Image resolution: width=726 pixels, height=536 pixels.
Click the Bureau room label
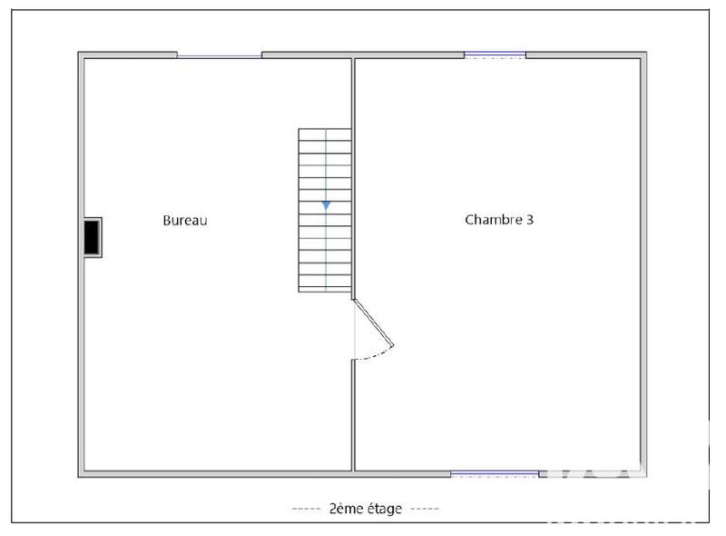(x=185, y=220)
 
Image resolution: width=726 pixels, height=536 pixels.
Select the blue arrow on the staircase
(x=325, y=206)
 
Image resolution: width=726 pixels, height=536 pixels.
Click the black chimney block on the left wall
(x=93, y=237)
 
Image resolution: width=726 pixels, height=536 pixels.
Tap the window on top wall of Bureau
(x=219, y=56)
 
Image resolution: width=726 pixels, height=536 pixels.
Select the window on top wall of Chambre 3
(x=495, y=55)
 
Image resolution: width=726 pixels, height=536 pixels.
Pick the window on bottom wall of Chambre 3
(x=495, y=473)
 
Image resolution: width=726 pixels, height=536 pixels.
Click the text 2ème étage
(x=365, y=509)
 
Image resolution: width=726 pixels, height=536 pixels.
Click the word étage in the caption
(x=383, y=509)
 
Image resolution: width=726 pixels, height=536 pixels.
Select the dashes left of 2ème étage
(x=306, y=509)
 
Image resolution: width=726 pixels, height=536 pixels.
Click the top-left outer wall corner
(x=82, y=55)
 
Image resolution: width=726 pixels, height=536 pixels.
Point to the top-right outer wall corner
(x=644, y=55)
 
